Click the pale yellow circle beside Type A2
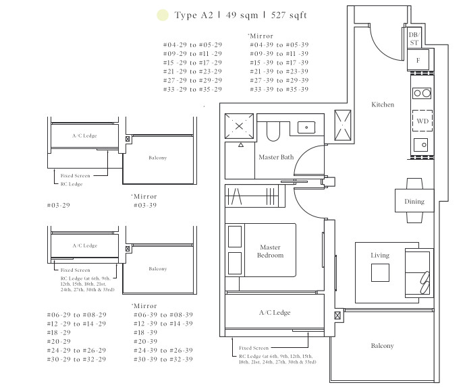click(x=163, y=15)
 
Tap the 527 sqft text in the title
click(x=289, y=15)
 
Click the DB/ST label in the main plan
click(x=414, y=39)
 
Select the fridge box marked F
click(x=418, y=60)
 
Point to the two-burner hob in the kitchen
click(x=422, y=93)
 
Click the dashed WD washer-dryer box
click(x=422, y=121)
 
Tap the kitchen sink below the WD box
click(x=421, y=145)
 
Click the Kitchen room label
click(x=383, y=105)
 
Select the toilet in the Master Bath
click(x=273, y=131)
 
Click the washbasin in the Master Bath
click(x=306, y=127)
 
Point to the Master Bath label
click(x=276, y=157)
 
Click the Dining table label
click(x=414, y=201)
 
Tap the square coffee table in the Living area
click(x=380, y=272)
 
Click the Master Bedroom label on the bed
click(x=270, y=251)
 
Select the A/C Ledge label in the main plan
click(x=275, y=312)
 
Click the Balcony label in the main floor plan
click(x=382, y=345)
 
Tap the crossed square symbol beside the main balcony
click(x=337, y=316)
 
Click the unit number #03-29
click(x=59, y=205)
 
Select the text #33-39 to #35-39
click(x=279, y=89)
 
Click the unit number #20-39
click(x=145, y=341)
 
